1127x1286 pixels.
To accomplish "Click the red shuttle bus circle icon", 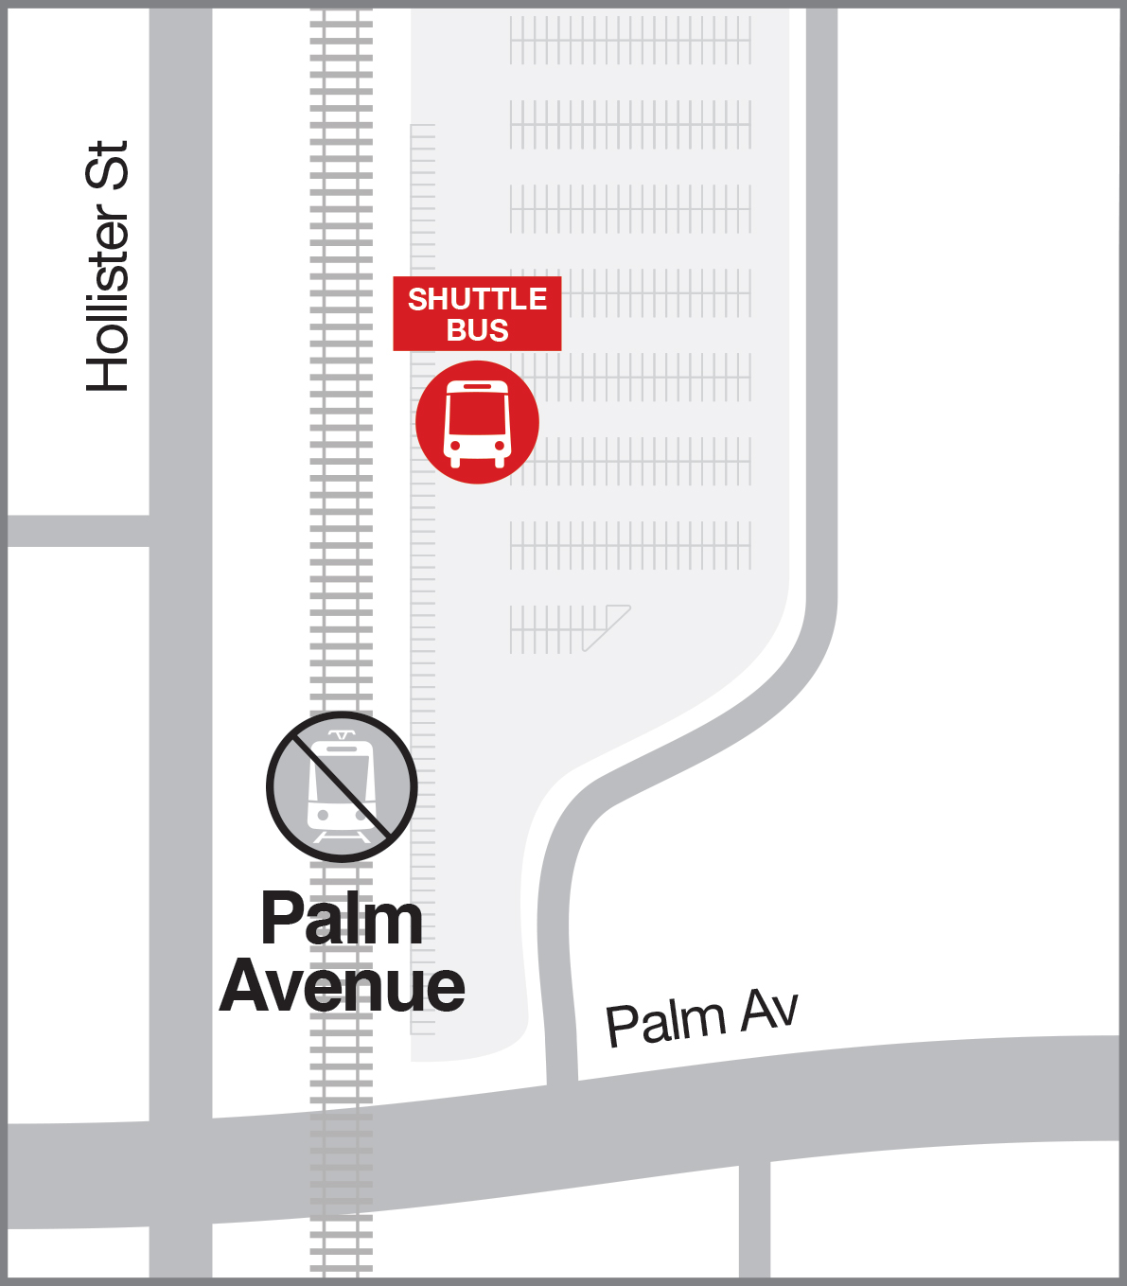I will (x=477, y=422).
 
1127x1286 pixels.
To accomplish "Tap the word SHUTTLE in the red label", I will (x=477, y=299).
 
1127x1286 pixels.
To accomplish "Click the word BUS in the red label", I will (x=477, y=330).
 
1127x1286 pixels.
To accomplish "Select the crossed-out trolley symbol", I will (x=342, y=787).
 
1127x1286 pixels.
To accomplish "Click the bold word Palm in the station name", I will (x=342, y=919).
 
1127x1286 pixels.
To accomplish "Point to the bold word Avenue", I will (x=342, y=986).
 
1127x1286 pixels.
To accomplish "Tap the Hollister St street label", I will (x=107, y=267).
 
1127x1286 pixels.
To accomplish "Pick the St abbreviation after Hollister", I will (x=107, y=166).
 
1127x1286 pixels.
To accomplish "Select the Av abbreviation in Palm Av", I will (x=768, y=1010).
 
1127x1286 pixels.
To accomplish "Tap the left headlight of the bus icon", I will (x=455, y=445).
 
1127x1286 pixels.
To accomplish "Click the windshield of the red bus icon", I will (x=477, y=414).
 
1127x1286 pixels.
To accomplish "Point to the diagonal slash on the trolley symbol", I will (x=342, y=787).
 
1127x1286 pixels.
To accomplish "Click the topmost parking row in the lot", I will (x=630, y=40).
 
